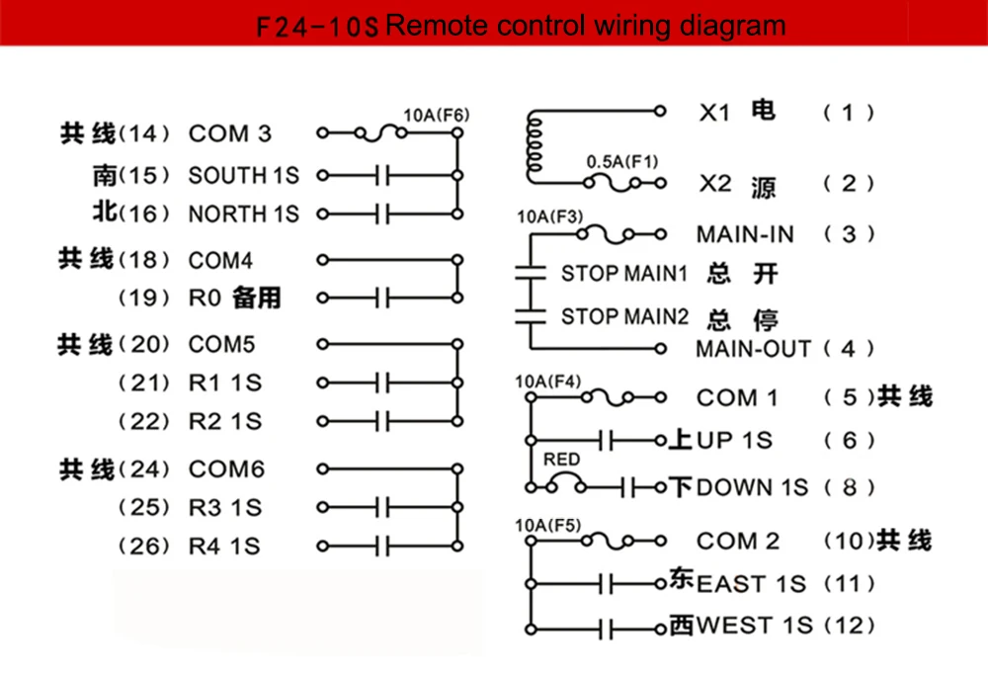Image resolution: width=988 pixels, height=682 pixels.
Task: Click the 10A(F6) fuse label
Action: click(436, 116)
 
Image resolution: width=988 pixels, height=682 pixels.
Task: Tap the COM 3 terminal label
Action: click(230, 133)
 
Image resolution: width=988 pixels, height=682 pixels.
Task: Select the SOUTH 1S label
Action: click(244, 175)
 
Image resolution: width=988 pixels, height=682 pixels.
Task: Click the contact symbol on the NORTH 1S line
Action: click(382, 214)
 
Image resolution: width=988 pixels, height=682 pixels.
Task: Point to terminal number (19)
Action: click(144, 298)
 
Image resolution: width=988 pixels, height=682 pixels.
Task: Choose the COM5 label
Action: click(221, 345)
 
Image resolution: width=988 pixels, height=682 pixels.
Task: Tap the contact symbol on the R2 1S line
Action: click(382, 421)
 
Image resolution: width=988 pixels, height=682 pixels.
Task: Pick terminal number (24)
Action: click(144, 469)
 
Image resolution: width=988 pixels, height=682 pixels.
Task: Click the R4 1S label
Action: click(224, 547)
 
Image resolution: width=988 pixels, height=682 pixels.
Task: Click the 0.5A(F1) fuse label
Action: click(622, 162)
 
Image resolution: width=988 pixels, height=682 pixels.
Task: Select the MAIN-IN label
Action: click(745, 234)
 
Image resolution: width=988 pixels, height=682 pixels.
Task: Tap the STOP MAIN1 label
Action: click(623, 274)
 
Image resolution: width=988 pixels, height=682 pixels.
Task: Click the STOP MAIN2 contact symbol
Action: click(531, 316)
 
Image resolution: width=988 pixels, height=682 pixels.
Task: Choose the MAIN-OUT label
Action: click(753, 349)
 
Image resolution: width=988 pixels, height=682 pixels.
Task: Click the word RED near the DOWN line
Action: click(561, 460)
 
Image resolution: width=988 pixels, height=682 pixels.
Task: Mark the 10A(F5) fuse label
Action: click(548, 526)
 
